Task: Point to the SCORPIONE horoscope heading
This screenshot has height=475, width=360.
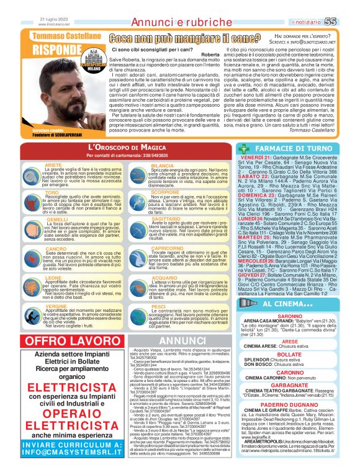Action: pyautogui.click(x=165, y=193)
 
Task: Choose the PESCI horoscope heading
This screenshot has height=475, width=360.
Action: pyautogui.click(x=158, y=306)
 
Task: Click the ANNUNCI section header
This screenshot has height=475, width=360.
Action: pyautogui.click(x=178, y=340)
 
